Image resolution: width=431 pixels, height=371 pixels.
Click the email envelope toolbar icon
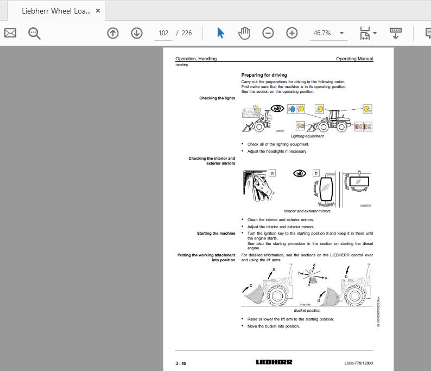(10, 33)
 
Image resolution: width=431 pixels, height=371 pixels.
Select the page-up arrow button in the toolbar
(113, 33)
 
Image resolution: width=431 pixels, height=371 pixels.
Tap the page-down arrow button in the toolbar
(137, 33)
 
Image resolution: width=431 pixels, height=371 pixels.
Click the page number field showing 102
(163, 33)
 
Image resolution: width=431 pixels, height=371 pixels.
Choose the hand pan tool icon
(244, 33)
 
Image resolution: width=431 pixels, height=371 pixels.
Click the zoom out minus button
(268, 33)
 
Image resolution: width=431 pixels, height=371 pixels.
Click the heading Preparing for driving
(264, 75)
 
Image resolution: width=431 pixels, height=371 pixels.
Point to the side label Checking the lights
(217, 98)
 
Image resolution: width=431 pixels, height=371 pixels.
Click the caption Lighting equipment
(307, 136)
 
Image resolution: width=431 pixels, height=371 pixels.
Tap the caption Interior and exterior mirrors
(307, 211)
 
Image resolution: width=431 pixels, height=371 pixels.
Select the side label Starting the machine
(216, 234)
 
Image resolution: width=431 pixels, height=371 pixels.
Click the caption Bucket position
(307, 311)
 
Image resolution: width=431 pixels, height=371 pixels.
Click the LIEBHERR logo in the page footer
(274, 362)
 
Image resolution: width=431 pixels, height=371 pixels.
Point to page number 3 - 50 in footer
(181, 363)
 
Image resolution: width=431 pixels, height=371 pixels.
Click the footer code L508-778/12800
(358, 363)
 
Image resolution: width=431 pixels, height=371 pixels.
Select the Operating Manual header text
(354, 59)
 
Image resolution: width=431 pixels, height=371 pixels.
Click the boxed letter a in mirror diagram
(272, 173)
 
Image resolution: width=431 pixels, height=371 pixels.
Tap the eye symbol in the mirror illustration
(299, 173)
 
